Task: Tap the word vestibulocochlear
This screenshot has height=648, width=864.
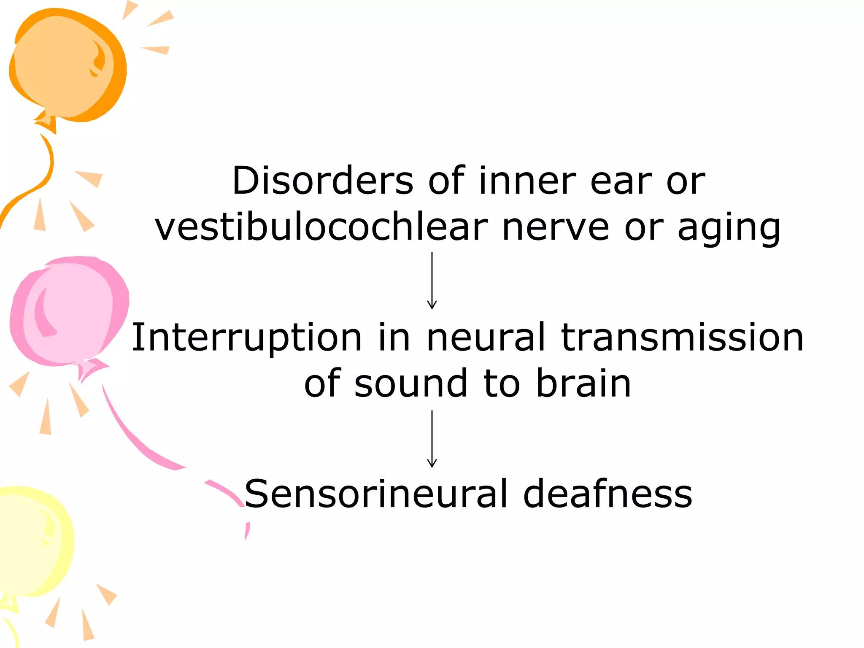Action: click(321, 228)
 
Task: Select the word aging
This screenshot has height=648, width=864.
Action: click(729, 230)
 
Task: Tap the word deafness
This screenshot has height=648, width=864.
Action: click(607, 494)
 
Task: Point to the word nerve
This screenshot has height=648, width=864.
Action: click(556, 228)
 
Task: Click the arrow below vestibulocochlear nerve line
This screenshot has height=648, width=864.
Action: click(432, 281)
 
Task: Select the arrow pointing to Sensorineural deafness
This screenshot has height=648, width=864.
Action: click(432, 439)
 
